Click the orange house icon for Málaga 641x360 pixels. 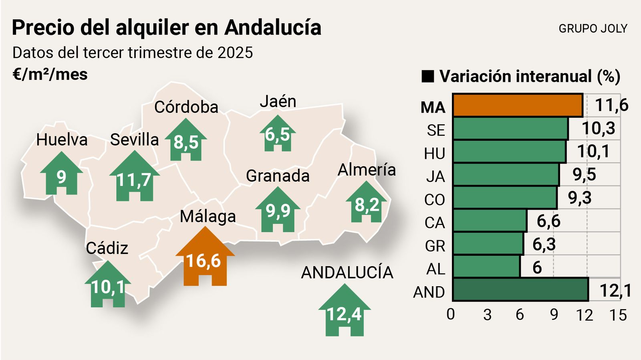pyautogui.click(x=205, y=259)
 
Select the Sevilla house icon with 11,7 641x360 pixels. pyautogui.click(x=134, y=179)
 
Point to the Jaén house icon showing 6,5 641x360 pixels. pyautogui.click(x=277, y=135)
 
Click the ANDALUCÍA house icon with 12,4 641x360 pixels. pyautogui.click(x=344, y=312)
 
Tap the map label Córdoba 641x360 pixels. pyautogui.click(x=186, y=107)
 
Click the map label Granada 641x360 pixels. pyautogui.click(x=277, y=176)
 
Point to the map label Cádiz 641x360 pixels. pyautogui.click(x=107, y=248)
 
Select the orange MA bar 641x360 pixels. pyautogui.click(x=517, y=105)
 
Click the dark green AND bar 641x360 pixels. pyautogui.click(x=520, y=289)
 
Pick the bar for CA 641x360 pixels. pyautogui.click(x=490, y=220)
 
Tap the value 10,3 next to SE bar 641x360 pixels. pyautogui.click(x=598, y=128)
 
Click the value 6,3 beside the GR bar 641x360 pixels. pyautogui.click(x=544, y=244)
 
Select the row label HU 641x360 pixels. pyautogui.click(x=434, y=154)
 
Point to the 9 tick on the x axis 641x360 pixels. pyautogui.click(x=554, y=315)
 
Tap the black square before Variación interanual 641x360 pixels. pyautogui.click(x=427, y=76)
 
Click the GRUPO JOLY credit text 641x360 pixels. pyautogui.click(x=593, y=28)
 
